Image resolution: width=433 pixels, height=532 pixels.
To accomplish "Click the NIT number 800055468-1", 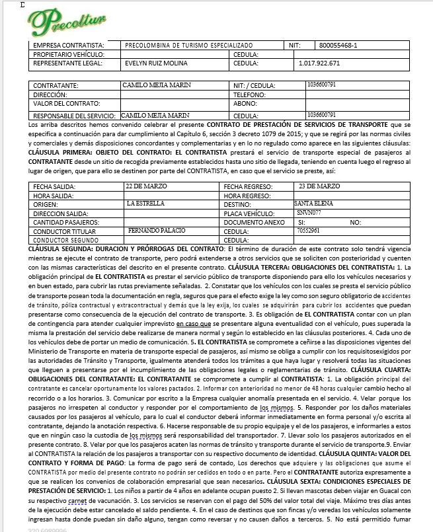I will (337, 45).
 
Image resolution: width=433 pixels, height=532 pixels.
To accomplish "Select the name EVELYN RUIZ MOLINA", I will (155, 63).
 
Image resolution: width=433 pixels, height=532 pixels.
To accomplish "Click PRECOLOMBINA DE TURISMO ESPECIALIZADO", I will (184, 45).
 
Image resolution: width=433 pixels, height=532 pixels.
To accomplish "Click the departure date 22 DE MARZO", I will (149, 186).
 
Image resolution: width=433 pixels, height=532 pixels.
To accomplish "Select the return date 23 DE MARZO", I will (319, 186).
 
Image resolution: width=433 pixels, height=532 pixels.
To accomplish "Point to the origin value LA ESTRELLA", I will (145, 204).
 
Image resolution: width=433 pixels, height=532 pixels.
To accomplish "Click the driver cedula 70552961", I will (308, 231).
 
